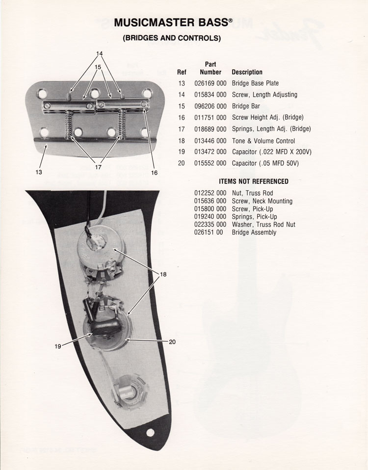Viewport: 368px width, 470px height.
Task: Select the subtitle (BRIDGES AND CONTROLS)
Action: tap(171, 37)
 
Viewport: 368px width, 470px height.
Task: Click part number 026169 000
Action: tap(210, 83)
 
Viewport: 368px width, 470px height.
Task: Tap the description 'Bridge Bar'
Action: tap(246, 106)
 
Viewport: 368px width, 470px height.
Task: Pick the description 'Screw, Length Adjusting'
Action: tap(264, 94)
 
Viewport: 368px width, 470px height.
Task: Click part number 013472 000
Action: tap(210, 152)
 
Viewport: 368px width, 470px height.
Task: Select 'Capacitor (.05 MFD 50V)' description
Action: tap(265, 163)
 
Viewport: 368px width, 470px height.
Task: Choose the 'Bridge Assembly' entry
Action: tap(254, 233)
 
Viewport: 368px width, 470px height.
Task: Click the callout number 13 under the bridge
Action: tap(39, 172)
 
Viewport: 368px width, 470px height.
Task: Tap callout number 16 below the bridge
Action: tap(155, 172)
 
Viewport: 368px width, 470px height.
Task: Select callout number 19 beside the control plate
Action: tap(58, 346)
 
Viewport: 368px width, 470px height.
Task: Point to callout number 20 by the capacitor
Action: tap(172, 342)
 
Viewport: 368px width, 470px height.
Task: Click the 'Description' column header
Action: tap(247, 72)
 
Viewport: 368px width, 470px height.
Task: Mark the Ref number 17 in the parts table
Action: tap(182, 129)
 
